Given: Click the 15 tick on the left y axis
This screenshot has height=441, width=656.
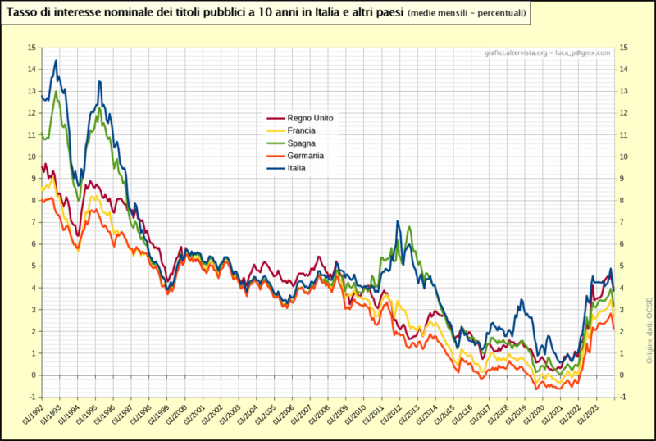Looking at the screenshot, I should pyautogui.click(x=31, y=48).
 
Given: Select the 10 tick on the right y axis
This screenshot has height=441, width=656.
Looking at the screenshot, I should pyautogui.click(x=625, y=157).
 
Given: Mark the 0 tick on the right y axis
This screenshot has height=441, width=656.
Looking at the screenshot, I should pyautogui.click(x=622, y=375).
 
